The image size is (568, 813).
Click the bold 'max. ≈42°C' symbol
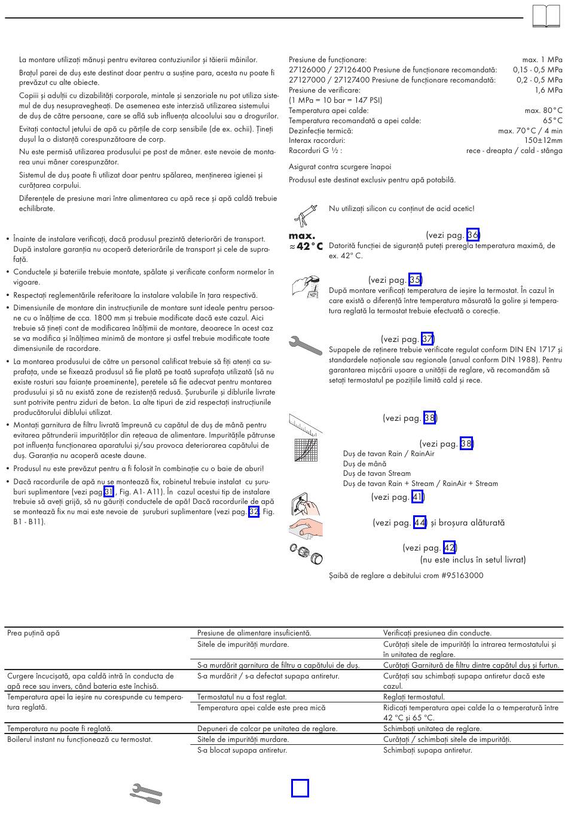(x=306, y=242)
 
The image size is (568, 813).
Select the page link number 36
(x=473, y=235)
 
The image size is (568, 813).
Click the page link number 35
(x=416, y=280)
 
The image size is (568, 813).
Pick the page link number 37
(x=427, y=339)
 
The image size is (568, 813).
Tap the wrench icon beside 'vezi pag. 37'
(x=306, y=346)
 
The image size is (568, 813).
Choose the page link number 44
(x=420, y=522)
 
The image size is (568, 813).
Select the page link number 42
(x=450, y=548)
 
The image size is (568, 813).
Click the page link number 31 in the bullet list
(x=109, y=491)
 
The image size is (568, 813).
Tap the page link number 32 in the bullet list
(x=254, y=512)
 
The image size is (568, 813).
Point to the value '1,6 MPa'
(x=548, y=90)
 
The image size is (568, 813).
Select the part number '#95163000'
(x=463, y=575)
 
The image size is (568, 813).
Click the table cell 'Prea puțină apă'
(x=33, y=633)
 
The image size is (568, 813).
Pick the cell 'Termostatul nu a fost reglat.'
(x=242, y=697)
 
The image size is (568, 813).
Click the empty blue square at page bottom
(x=300, y=788)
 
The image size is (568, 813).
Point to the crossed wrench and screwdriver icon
(x=146, y=793)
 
